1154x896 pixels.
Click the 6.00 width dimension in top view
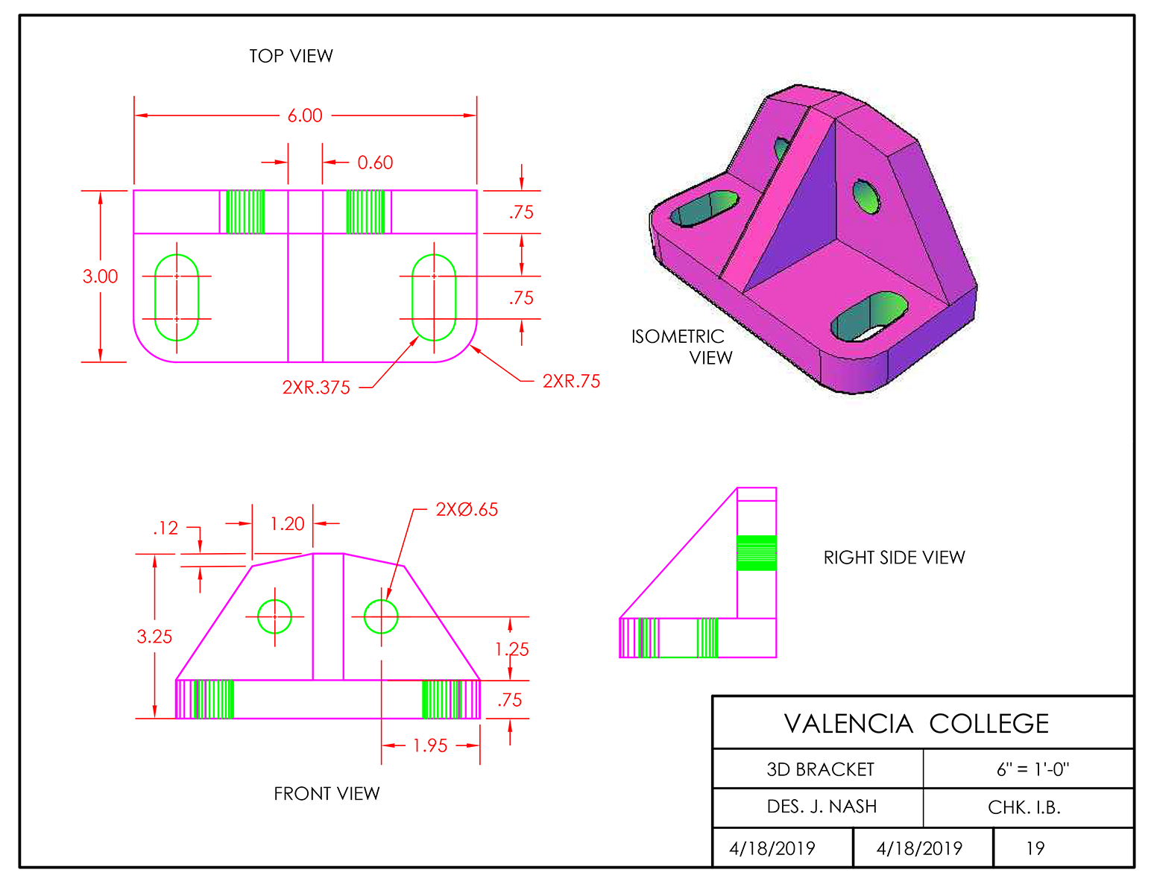point(305,116)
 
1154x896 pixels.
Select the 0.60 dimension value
point(374,163)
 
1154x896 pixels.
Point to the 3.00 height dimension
point(100,277)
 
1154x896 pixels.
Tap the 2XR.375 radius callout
point(316,388)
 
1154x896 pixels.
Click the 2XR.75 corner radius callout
point(571,382)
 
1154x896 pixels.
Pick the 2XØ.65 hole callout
point(467,510)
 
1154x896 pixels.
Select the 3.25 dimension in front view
point(154,637)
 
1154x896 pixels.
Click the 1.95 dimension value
point(430,745)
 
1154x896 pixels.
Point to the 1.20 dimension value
point(287,524)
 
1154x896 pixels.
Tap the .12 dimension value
point(165,529)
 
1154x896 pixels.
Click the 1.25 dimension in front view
point(512,649)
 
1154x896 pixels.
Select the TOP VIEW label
point(291,56)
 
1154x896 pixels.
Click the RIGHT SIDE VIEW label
point(894,558)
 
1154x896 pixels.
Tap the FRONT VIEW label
point(327,794)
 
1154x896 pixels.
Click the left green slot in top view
point(177,297)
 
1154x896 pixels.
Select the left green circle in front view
point(274,616)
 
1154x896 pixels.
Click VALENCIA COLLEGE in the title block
point(916,724)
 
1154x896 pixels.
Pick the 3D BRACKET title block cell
point(820,769)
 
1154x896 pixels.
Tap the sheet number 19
point(1035,848)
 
